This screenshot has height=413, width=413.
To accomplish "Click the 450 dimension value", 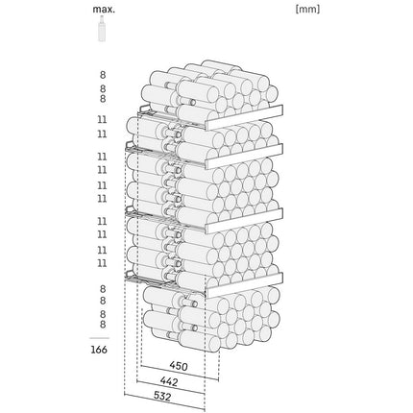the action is point(179,366).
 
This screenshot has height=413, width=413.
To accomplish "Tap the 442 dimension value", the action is point(169,381).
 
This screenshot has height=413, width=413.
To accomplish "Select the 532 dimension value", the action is point(162,397).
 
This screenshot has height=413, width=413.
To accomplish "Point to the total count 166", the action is point(99,350).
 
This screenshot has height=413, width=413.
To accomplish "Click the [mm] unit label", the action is point(307,9).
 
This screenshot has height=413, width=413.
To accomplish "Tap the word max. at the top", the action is point(104,9).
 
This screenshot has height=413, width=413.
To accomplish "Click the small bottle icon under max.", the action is point(102,28).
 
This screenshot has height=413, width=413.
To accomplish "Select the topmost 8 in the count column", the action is point(103,75).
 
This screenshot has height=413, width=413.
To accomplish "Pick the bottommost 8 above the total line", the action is point(103,325).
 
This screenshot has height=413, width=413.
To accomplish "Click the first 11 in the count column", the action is point(102,119).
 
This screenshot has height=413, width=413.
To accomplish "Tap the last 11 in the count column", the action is point(102,263).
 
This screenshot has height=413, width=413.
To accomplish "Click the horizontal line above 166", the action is point(99,338).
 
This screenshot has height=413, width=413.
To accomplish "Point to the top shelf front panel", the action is point(244,117).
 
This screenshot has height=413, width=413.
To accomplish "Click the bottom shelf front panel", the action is point(244,285).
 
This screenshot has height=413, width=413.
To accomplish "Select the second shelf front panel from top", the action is point(244,157).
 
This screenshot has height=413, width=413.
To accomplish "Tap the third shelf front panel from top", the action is point(244,221).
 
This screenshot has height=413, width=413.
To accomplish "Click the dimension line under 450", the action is point(180,373).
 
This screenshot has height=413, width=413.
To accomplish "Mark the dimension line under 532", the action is point(164,401).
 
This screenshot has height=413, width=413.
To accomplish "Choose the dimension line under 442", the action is point(171,387).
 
